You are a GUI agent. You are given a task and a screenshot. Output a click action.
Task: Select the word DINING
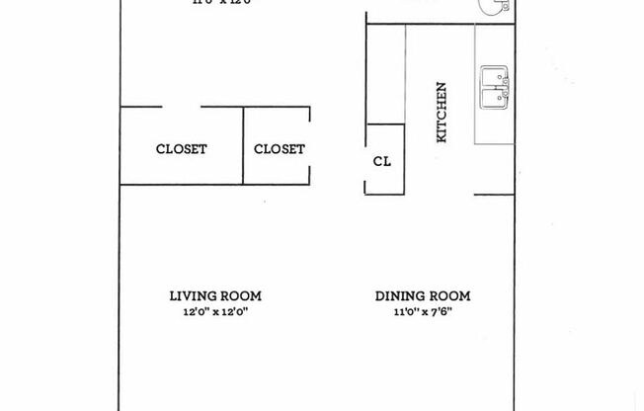coord(399,295)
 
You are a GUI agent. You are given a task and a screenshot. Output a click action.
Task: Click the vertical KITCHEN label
coord(443,112)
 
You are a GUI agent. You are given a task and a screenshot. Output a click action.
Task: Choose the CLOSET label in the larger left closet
coord(182,149)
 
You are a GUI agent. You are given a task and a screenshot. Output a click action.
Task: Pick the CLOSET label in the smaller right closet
coord(280,149)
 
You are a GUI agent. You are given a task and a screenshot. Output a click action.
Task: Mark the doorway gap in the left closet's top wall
coord(181,107)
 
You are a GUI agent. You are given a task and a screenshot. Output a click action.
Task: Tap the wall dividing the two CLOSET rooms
coord(244,145)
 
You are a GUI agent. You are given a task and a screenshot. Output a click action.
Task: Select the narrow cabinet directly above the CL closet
coord(385,74)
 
